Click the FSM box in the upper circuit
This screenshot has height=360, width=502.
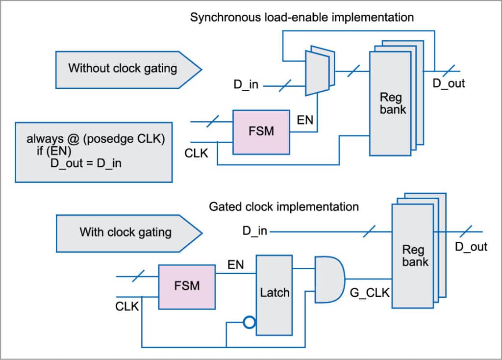[x=261, y=131]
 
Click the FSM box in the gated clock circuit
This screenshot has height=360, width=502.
[x=187, y=286]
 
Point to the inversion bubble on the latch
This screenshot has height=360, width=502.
[x=250, y=322]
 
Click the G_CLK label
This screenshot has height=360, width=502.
[x=370, y=293]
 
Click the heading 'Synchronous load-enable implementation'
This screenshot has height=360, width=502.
[x=302, y=18]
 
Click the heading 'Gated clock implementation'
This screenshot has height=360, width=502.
[x=284, y=206]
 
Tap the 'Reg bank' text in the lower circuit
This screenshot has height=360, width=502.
[x=415, y=255]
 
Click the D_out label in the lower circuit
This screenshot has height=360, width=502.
[x=471, y=246]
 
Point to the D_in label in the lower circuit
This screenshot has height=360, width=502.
[x=255, y=231]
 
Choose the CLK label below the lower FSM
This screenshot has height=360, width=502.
[x=127, y=307]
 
